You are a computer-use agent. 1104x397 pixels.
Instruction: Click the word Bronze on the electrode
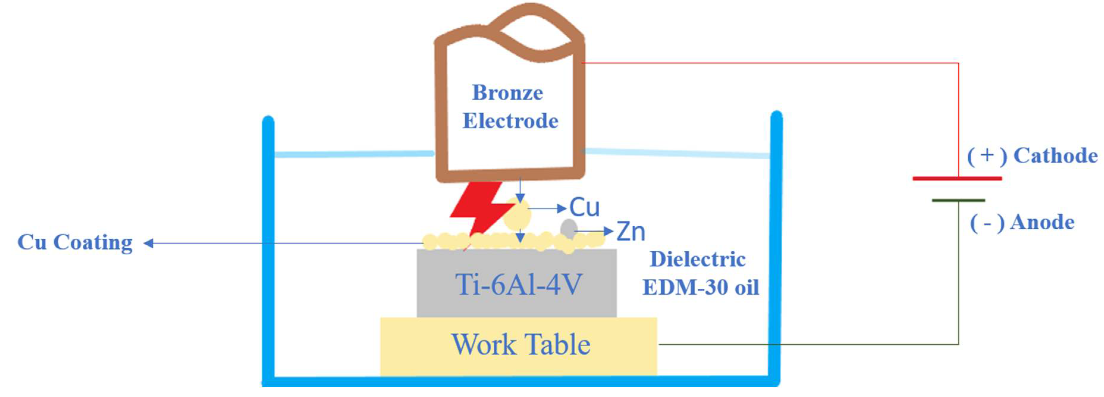pyautogui.click(x=508, y=93)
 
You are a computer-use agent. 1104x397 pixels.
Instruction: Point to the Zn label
pyautogui.click(x=630, y=232)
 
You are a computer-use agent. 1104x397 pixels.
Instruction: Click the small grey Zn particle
pyautogui.click(x=568, y=228)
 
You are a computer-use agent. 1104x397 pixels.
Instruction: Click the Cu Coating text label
pyautogui.click(x=75, y=243)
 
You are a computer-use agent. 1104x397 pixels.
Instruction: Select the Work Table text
pyautogui.click(x=520, y=345)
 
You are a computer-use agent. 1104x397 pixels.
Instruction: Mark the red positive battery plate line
pyautogui.click(x=957, y=178)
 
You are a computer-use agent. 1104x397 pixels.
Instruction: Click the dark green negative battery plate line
pyautogui.click(x=958, y=200)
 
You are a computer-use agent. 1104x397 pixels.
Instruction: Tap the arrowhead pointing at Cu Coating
pyautogui.click(x=149, y=244)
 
